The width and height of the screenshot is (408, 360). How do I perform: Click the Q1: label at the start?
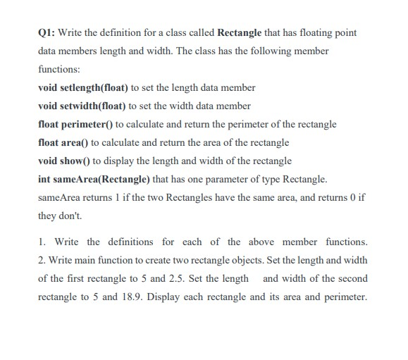(x=46, y=33)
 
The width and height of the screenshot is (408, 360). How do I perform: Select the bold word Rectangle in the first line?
(x=245, y=33)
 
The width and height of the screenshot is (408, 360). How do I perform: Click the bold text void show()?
(x=65, y=160)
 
